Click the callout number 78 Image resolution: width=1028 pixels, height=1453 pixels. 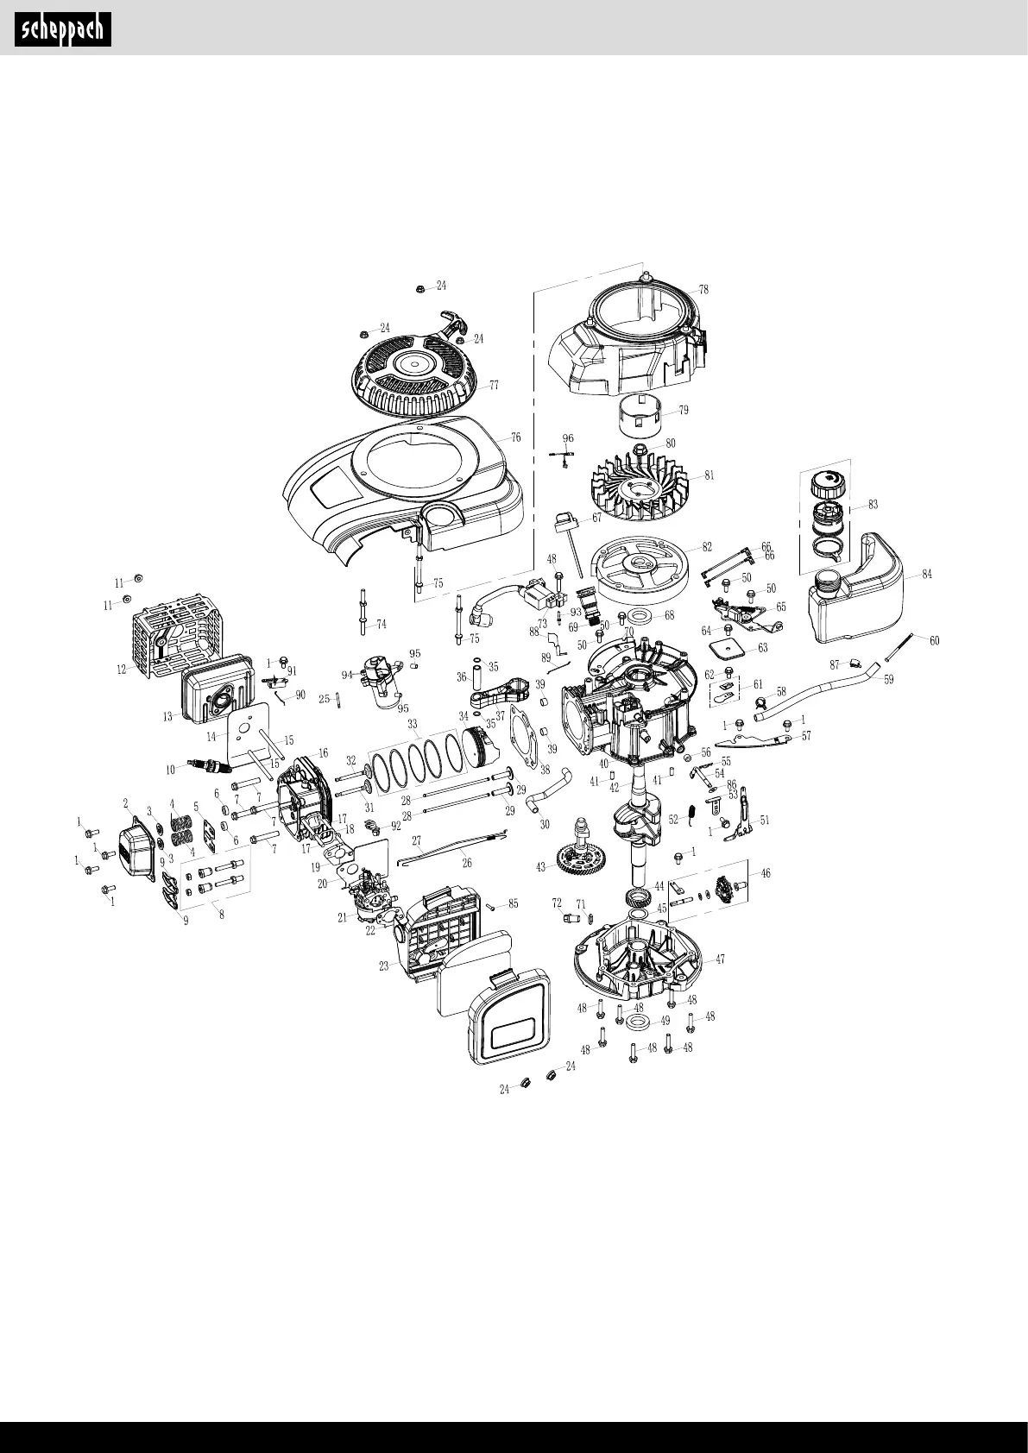coord(703,290)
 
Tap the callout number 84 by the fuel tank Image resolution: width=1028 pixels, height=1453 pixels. coord(926,574)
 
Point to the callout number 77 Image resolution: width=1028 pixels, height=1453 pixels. coord(495,385)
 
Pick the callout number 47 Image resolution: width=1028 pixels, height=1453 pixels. coord(720,959)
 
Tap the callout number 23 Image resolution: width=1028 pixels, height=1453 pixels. coord(383,966)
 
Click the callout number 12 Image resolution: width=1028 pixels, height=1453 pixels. coord(122,669)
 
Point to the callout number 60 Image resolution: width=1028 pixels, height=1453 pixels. coord(934,640)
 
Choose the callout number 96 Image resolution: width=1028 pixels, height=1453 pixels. coord(567,438)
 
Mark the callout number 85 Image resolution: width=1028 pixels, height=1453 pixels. coord(513,903)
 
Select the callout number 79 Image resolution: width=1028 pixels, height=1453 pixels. coord(683,411)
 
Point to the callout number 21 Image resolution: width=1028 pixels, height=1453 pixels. coord(343,918)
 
